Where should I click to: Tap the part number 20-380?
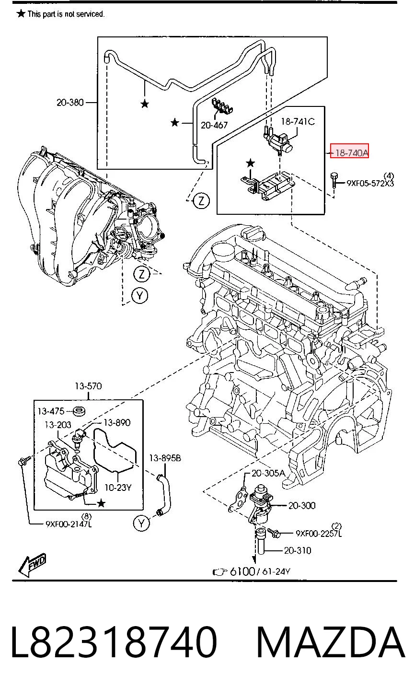coord(70,102)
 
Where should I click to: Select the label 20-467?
coord(214,125)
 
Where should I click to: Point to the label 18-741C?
coord(298,121)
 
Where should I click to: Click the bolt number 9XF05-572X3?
coord(370,183)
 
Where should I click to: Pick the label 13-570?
coord(89,386)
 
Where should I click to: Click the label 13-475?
coord(51,411)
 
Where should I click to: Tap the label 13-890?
coord(117,422)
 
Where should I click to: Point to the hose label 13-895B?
coord(165,458)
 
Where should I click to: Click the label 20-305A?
coord(268,473)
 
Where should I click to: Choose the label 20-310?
coord(297,551)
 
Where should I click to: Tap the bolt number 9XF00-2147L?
coord(69,524)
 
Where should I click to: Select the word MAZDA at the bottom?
coord(331,642)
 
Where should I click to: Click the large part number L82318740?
coord(114,642)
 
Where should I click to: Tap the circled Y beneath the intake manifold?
coord(139,295)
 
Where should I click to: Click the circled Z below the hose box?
coord(201,200)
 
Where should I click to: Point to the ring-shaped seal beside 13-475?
coord(80,411)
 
